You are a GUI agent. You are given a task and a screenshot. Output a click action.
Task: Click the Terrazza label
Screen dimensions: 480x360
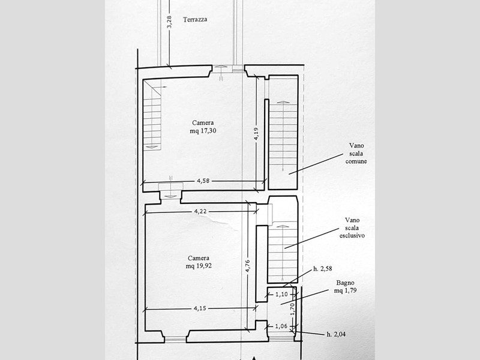[195, 20]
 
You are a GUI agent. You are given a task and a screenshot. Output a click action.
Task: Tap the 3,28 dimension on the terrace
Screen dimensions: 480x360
[169, 22]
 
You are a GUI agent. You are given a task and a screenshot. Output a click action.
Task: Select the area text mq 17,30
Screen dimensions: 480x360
[203, 131]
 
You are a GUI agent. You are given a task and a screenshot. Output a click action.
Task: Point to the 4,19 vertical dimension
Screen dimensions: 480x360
[257, 134]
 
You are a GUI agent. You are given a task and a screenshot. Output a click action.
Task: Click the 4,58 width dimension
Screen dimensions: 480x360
[203, 181]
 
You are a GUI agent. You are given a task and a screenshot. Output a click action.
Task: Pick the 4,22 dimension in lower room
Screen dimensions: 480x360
[200, 211]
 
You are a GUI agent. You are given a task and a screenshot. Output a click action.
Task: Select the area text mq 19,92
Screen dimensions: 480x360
[199, 266]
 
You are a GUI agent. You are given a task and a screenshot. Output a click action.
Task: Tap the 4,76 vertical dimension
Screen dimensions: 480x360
[248, 266]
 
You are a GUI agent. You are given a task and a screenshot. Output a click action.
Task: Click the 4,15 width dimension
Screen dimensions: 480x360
[200, 308]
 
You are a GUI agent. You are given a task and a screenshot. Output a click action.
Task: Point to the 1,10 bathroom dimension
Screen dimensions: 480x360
[281, 295]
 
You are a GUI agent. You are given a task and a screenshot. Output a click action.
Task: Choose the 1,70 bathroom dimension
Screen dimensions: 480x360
[292, 310]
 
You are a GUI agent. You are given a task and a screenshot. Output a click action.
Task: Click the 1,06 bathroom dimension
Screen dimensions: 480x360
[281, 326]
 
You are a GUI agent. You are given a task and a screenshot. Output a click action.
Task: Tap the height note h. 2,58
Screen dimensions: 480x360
[323, 269]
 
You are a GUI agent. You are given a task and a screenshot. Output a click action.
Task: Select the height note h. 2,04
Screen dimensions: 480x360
[336, 334]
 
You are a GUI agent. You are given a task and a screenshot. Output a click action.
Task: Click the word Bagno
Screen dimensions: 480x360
[346, 283]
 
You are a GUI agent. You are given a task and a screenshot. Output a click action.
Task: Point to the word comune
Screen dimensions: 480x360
[356, 161]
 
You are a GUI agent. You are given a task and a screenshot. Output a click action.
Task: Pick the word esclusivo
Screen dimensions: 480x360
[352, 236]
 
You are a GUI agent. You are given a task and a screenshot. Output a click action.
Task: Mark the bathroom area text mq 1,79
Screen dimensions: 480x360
[346, 290]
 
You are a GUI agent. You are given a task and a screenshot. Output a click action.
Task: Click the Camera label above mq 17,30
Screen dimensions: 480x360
[203, 123]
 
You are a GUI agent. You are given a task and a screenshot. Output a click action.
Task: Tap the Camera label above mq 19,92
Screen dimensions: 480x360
[199, 258]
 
